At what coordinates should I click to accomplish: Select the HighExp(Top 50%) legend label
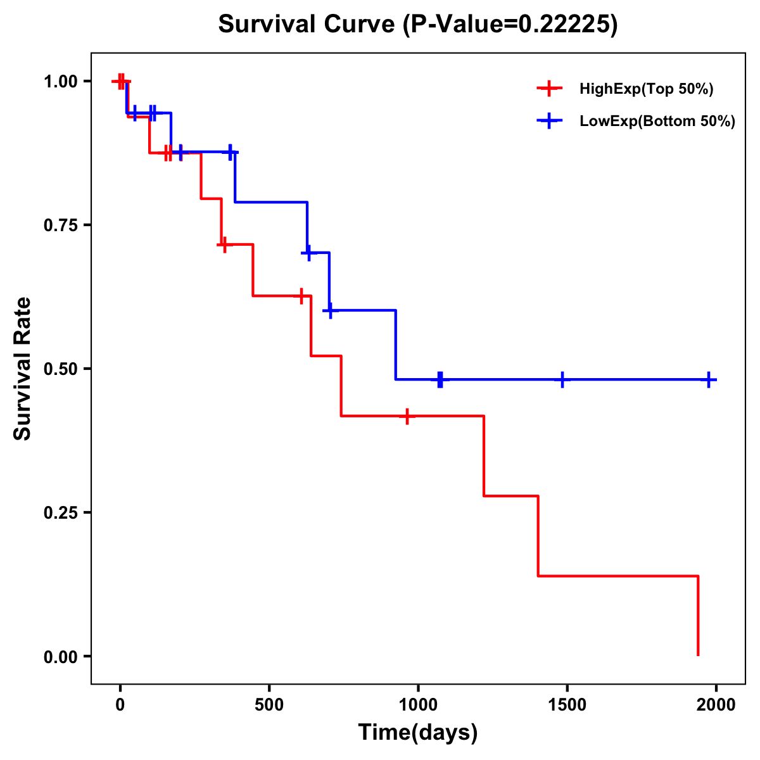(646, 89)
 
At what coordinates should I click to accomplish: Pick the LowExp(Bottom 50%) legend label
(657, 122)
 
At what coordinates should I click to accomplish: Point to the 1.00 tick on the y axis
(60, 82)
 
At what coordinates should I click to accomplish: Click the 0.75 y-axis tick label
(60, 225)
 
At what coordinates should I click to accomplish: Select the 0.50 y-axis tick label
(60, 369)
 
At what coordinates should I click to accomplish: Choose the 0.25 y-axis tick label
(60, 513)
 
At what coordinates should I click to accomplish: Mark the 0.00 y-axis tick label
(60, 657)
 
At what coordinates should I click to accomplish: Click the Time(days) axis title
(418, 733)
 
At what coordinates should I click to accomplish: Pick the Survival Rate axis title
(23, 369)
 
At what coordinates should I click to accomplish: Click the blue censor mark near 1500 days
(562, 379)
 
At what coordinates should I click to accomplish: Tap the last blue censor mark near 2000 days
(709, 379)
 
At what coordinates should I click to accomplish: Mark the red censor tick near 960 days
(407, 416)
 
